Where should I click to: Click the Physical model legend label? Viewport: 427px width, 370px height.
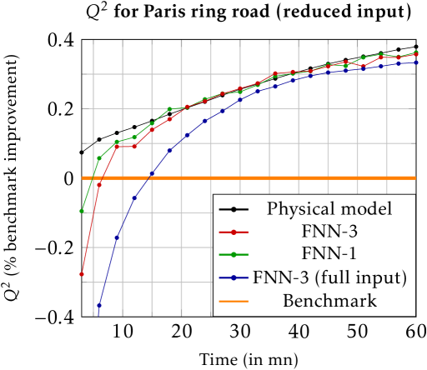(x=329, y=208)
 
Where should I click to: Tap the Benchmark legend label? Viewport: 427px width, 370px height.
(x=329, y=301)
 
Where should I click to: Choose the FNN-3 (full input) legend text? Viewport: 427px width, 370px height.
(x=329, y=277)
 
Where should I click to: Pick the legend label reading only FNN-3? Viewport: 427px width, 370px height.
(x=329, y=232)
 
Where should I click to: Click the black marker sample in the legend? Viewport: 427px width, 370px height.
(x=234, y=208)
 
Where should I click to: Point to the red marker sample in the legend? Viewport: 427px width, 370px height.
(x=234, y=232)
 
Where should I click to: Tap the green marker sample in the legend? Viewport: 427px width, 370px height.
(x=234, y=255)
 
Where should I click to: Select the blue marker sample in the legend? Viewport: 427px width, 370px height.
(x=234, y=278)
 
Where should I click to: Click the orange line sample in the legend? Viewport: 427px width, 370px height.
(x=234, y=302)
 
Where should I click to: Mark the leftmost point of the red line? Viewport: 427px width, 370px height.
(x=82, y=273)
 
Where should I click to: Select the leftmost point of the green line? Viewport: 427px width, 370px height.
(x=82, y=211)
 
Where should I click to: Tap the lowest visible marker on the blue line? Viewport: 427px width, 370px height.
(x=98, y=306)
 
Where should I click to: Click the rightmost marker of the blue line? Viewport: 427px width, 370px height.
(x=416, y=62)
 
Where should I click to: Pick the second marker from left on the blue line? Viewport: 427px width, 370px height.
(x=117, y=238)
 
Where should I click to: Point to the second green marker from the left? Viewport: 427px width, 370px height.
(x=99, y=158)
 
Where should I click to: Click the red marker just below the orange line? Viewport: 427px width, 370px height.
(x=99, y=185)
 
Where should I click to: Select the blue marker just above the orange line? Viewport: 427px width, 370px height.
(x=152, y=172)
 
